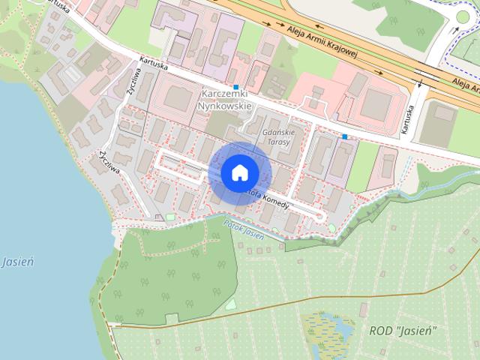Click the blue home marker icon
pos(239,172)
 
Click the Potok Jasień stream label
pos(244,229)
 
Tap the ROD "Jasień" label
pos(403,331)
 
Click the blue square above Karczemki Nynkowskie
pos(236,87)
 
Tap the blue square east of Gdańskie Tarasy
pos(344,136)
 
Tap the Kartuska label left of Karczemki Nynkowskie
pos(153,65)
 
